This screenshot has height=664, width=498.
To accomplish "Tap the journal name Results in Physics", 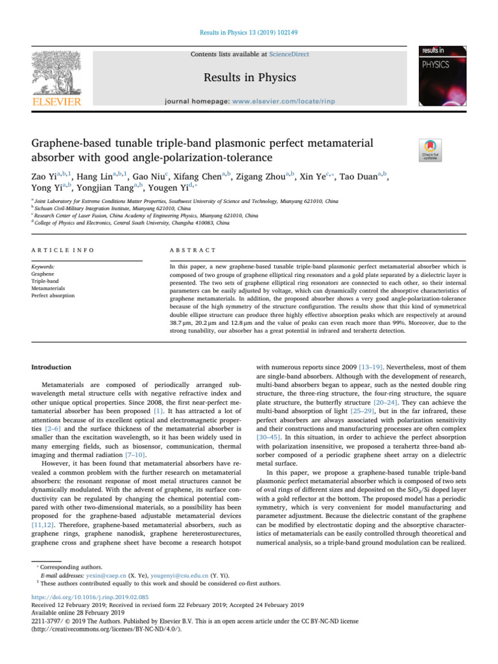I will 250,78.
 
